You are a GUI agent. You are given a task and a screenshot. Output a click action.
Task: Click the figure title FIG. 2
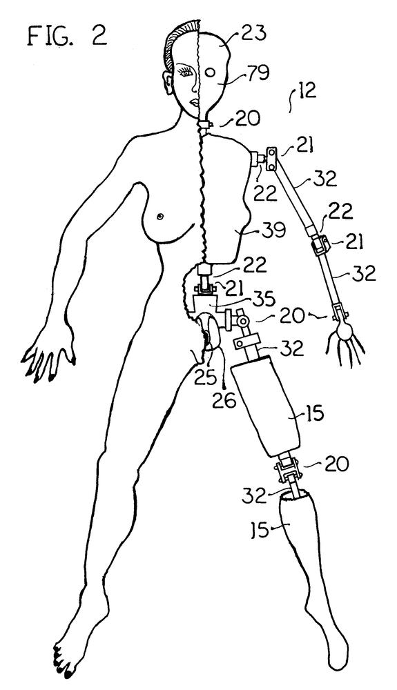[67, 35]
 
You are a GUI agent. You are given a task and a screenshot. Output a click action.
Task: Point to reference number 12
[304, 92]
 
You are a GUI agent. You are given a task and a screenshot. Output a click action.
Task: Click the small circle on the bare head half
[211, 72]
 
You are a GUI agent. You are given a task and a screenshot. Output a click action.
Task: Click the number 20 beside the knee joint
[337, 464]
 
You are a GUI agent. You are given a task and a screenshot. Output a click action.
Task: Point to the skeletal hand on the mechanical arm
[345, 339]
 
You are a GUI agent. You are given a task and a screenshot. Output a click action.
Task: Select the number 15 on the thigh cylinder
[313, 415]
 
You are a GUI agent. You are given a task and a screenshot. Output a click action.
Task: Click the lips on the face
[193, 104]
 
